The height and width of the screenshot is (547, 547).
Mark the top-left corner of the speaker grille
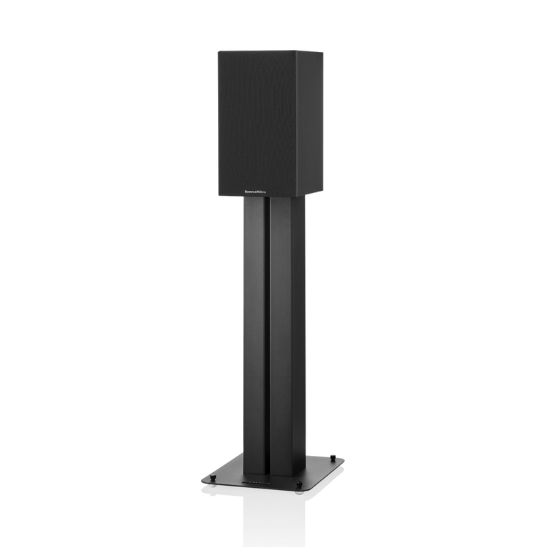point(217,51)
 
